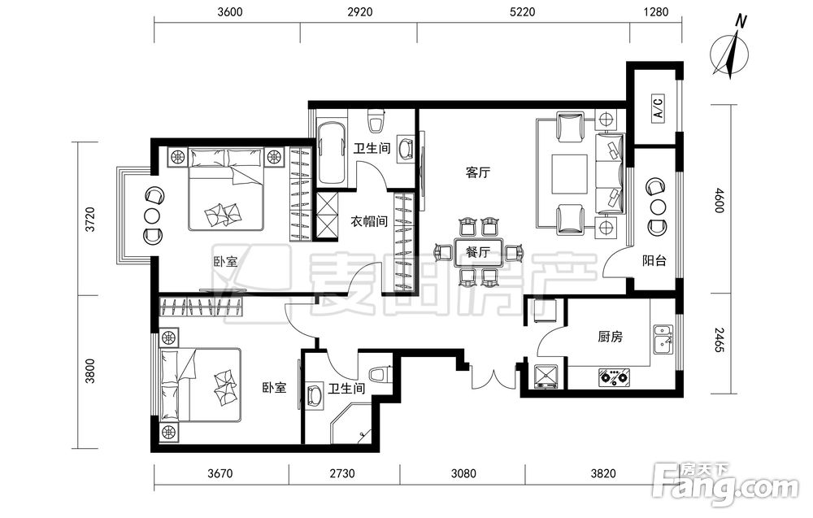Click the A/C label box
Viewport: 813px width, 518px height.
tap(658, 108)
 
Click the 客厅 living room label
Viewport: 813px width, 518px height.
tap(477, 172)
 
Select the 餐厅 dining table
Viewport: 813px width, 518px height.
tap(478, 253)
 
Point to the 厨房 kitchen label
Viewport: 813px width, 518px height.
tap(610, 337)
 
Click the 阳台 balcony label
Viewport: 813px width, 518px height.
tap(654, 261)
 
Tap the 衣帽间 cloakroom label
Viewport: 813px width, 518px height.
tap(369, 222)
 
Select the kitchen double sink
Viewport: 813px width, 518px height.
tap(663, 338)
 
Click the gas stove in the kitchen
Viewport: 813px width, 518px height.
tap(615, 377)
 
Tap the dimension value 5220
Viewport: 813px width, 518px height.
tap(522, 11)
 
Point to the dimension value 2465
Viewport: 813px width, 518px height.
tap(718, 340)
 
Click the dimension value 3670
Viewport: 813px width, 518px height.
tap(220, 473)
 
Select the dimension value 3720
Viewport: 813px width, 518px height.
tap(90, 220)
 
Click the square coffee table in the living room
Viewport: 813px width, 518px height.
tap(569, 174)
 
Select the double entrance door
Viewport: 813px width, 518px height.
tap(485, 378)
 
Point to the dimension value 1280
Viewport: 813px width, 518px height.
tap(656, 11)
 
